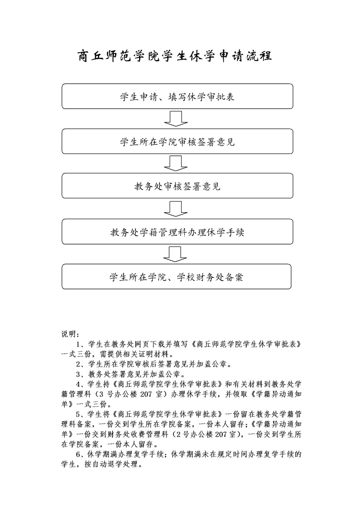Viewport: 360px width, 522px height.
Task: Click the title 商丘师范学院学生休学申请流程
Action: point(175,56)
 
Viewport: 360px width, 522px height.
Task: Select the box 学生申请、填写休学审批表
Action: point(177,96)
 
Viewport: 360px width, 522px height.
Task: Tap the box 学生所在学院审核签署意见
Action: point(177,141)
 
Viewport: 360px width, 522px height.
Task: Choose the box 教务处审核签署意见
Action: point(177,186)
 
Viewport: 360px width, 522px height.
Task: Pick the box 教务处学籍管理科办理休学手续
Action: point(177,232)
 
